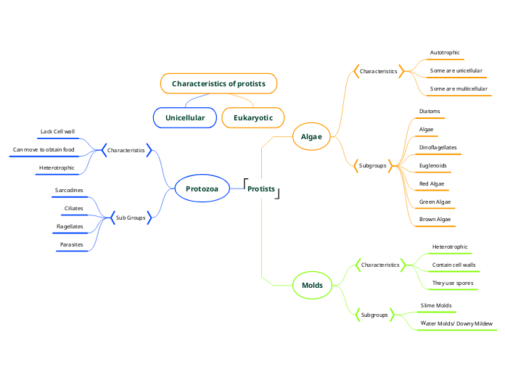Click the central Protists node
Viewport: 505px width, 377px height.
[261, 189]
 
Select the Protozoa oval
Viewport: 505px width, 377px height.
[202, 189]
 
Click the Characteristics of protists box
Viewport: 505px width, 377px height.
[218, 83]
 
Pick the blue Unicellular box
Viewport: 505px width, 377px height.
[185, 117]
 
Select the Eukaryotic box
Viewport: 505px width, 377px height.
[253, 117]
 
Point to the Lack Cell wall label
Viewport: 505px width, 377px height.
[57, 132]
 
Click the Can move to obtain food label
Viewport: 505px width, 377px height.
[44, 150]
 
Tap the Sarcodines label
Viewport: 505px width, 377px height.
[69, 190]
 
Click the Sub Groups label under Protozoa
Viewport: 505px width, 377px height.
[131, 217]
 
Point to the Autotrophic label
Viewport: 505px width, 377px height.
[445, 52]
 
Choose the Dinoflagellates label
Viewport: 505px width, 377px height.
[438, 147]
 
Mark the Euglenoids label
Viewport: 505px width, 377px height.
[433, 165]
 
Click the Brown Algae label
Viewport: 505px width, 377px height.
[435, 219]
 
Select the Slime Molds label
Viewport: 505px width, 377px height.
[436, 305]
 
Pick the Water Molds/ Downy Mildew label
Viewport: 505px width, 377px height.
[456, 323]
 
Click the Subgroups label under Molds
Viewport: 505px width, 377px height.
[374, 315]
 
